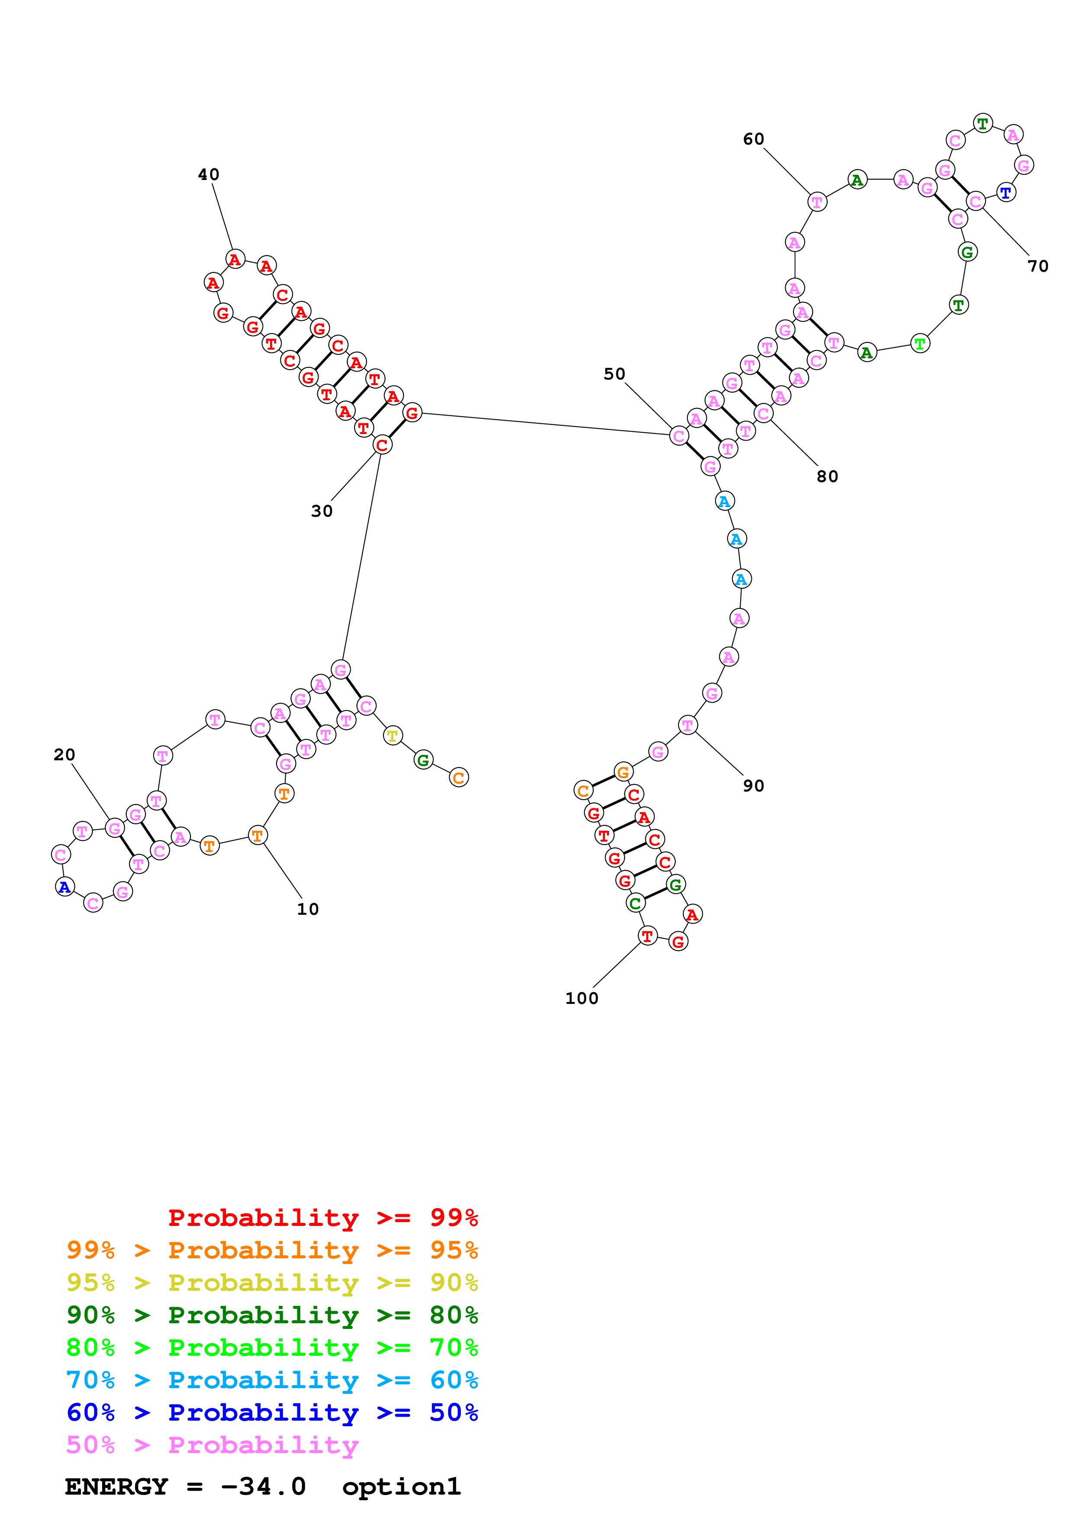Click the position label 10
(x=307, y=909)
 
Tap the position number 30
(x=322, y=511)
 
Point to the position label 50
(x=614, y=374)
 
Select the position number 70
(x=1038, y=267)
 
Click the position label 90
(x=754, y=786)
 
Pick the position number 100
(x=582, y=998)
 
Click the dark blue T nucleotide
(x=1005, y=193)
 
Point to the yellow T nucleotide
(x=393, y=736)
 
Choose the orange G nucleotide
(x=623, y=772)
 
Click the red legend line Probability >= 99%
(x=322, y=1218)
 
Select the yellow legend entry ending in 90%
(x=272, y=1283)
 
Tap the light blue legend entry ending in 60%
(x=272, y=1380)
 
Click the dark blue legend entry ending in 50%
(x=272, y=1412)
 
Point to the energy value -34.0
(x=263, y=1487)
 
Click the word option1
(x=401, y=1487)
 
